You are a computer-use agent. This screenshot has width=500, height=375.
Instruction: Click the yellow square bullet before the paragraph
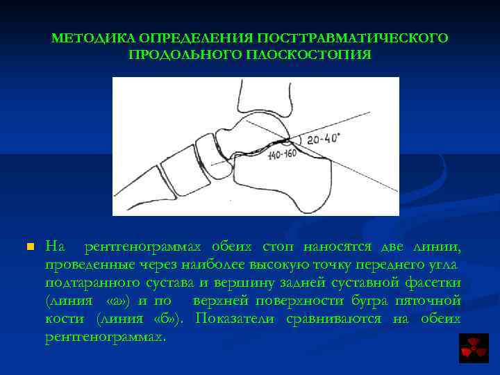click(29, 247)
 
